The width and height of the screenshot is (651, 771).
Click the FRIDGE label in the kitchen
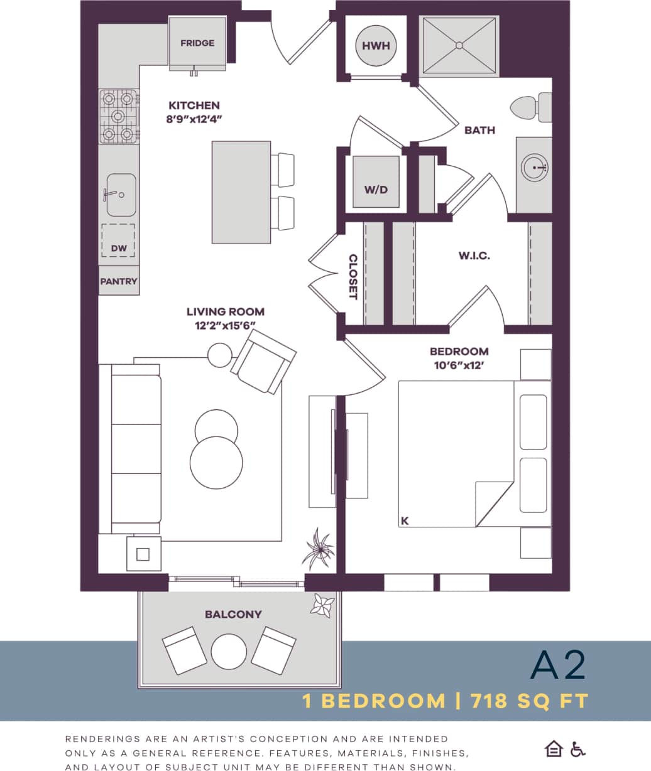(x=197, y=43)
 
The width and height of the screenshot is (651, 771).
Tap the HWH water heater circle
(x=376, y=46)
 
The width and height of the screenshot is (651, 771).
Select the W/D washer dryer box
(x=376, y=189)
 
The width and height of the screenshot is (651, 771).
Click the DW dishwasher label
(x=119, y=248)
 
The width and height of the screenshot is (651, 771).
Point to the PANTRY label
(x=119, y=281)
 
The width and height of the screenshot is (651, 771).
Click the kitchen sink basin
(x=121, y=195)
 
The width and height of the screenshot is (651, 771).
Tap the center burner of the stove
(x=118, y=117)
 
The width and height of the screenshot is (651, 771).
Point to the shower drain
(x=459, y=45)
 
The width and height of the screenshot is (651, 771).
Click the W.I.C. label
(x=474, y=256)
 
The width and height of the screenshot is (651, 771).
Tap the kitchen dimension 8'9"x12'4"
(x=194, y=118)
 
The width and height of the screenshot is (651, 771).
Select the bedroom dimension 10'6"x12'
(x=459, y=364)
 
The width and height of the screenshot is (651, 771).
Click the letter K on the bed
(x=405, y=520)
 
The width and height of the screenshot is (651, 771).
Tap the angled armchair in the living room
(x=264, y=362)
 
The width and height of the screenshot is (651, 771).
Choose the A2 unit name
(x=557, y=666)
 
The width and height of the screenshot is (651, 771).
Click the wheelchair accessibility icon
(x=577, y=749)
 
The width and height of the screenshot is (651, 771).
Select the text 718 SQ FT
(x=529, y=701)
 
